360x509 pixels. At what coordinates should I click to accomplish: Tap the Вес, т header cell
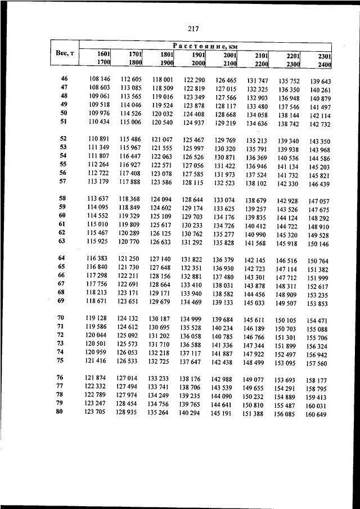click(x=64, y=53)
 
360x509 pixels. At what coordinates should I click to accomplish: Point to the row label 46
click(x=64, y=79)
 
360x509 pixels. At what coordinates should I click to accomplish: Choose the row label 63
click(x=62, y=241)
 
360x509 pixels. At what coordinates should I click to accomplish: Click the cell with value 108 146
click(x=100, y=79)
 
